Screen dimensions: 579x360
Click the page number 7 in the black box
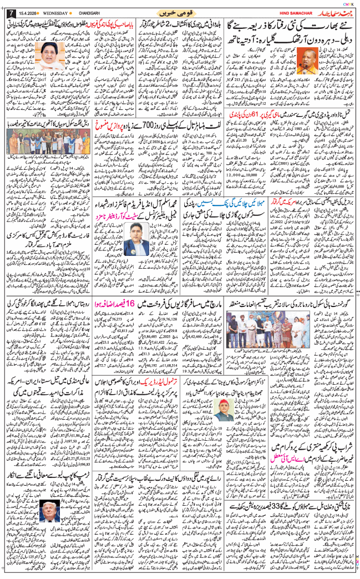(9, 12)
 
